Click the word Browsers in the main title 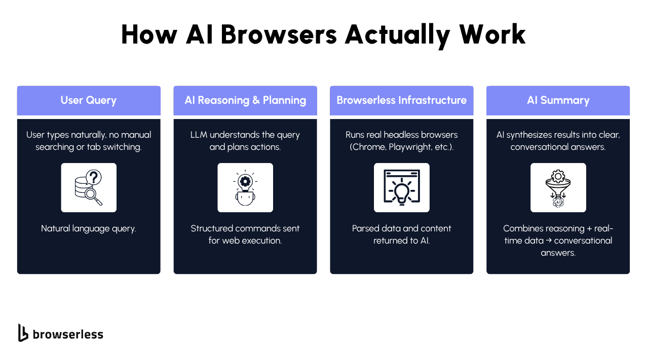coord(279,35)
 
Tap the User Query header coord(89,100)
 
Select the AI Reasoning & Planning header coord(245,100)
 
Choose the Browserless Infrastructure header coord(401,100)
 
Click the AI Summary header coord(558,100)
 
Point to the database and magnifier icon coord(89,188)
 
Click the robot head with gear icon coord(245,188)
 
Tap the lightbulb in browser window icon coord(401,188)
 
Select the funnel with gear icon coord(558,188)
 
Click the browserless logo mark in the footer coord(23,333)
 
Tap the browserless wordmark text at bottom coord(68,334)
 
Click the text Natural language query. coord(89,228)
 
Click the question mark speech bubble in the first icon coord(94,177)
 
